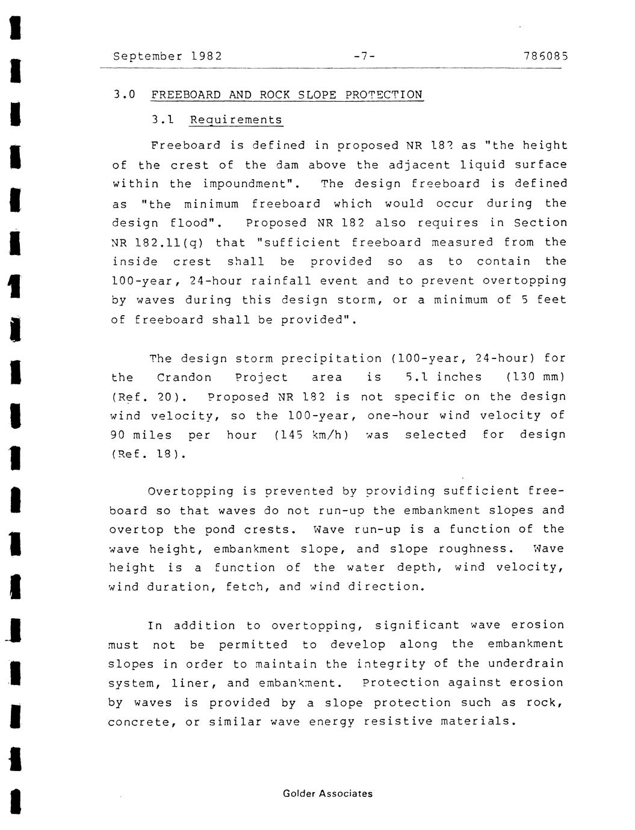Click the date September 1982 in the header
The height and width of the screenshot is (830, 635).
(x=167, y=57)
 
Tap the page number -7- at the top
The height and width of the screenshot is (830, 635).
(x=365, y=57)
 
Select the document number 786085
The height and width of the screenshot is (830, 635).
(x=546, y=57)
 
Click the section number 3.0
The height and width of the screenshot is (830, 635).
(x=124, y=95)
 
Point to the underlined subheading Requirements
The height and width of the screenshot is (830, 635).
(x=236, y=120)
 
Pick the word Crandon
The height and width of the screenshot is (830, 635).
(x=184, y=377)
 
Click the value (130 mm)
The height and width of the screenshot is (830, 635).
(x=536, y=377)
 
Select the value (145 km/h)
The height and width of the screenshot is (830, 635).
(x=312, y=435)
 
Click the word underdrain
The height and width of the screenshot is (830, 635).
(x=525, y=663)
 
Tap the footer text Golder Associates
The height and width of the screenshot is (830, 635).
(x=327, y=793)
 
